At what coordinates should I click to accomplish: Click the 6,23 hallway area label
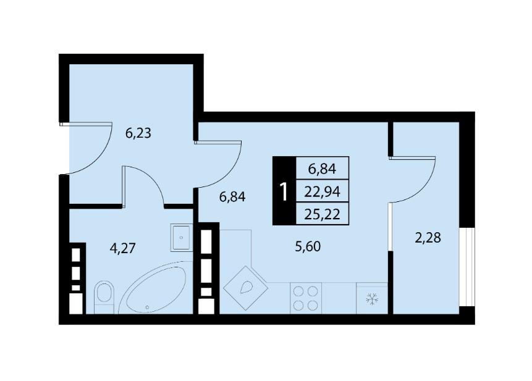pos(138,133)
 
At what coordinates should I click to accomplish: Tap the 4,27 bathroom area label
pos(122,248)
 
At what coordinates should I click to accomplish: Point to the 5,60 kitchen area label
pos(308,246)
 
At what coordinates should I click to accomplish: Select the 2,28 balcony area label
pos(428,238)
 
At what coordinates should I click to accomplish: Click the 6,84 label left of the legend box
pos(232,196)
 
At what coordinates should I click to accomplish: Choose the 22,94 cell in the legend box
pos(323,192)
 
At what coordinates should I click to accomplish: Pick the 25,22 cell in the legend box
pos(323,214)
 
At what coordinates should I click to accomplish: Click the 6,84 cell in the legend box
pos(323,169)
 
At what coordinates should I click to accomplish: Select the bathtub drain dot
pos(147,308)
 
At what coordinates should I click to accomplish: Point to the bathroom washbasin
pos(182,237)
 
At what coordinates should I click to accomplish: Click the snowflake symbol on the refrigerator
pos(373,299)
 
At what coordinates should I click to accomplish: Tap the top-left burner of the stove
pos(298,291)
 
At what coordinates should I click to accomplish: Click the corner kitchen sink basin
pos(247,288)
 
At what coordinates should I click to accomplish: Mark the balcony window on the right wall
pos(467,267)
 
